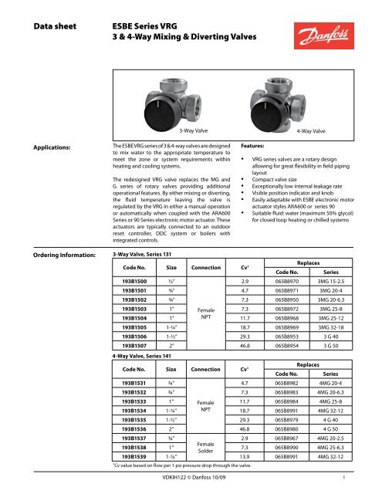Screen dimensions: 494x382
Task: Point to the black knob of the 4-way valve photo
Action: (287, 85)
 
